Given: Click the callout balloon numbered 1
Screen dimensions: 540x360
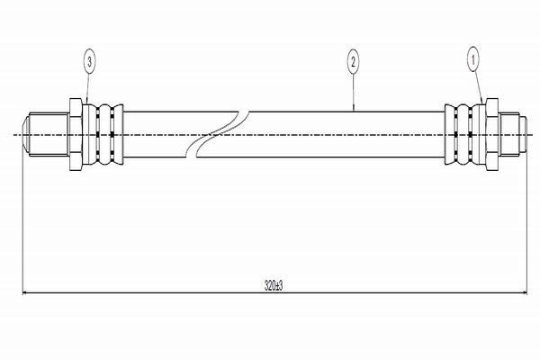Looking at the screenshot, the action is pos(472,60).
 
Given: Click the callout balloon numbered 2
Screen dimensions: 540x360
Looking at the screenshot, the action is pos(353,62).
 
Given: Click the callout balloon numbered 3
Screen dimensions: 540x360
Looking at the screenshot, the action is pos(89,62).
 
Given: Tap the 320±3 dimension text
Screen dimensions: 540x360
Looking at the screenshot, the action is pos(274,285).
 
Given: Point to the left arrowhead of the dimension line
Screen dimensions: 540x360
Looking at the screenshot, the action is pos(24,293).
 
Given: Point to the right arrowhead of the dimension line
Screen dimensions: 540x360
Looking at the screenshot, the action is pos(525,293).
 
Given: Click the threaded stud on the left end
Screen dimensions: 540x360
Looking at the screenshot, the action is pos(47,134).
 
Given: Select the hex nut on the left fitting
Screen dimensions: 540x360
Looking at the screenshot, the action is pos(76,134).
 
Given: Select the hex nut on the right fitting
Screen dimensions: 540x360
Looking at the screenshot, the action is pos(491,134).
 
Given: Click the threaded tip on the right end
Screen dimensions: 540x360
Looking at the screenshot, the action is pos(509,134).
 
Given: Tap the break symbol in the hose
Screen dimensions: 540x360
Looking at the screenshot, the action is pos(217,134).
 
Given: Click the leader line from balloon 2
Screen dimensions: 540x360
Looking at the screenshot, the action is pos(354,93).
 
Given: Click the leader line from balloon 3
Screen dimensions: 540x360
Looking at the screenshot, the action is pos(88,89).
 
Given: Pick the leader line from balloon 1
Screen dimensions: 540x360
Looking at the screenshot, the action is pos(478,86).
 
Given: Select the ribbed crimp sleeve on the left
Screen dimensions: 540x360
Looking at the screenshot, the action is pos(103,134).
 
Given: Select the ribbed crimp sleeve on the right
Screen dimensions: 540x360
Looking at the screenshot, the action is pos(465,134).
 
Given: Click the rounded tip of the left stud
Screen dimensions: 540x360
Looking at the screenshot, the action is pos(26,134).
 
